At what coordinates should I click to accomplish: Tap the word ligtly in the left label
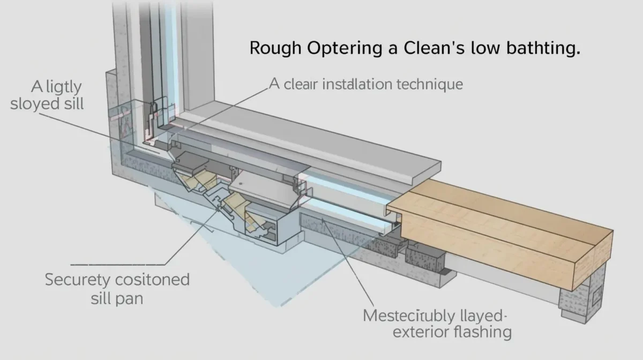(57, 86)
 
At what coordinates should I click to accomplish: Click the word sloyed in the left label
(34, 103)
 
